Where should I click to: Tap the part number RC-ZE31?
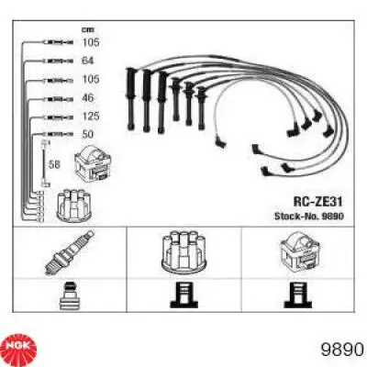(x=317, y=201)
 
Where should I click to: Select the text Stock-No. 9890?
(x=309, y=217)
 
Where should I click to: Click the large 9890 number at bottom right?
(x=342, y=350)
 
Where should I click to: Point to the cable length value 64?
(x=87, y=61)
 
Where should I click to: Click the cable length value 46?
(x=87, y=98)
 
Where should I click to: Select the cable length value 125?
(x=90, y=117)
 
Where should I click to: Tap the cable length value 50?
(x=87, y=134)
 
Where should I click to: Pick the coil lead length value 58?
(x=54, y=164)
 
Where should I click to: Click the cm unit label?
(x=87, y=29)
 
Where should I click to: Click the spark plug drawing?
(x=70, y=252)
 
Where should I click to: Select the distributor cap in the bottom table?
(x=184, y=251)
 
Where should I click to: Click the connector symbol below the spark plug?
(x=70, y=295)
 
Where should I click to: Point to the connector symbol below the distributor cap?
(x=183, y=295)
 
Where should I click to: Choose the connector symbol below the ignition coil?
(x=298, y=295)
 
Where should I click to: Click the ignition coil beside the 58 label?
(x=93, y=166)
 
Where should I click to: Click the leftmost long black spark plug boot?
(x=131, y=98)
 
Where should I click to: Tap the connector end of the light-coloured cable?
(x=221, y=143)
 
